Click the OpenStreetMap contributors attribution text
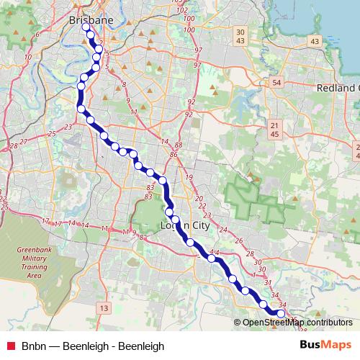coord(297,322)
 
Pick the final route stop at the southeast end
coord(281,314)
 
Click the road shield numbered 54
coord(277,83)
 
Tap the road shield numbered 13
coord(104,309)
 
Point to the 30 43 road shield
coord(240,36)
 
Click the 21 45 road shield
coord(274,130)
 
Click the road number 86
coord(174,154)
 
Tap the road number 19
coord(189,177)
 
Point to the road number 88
coord(179,145)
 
